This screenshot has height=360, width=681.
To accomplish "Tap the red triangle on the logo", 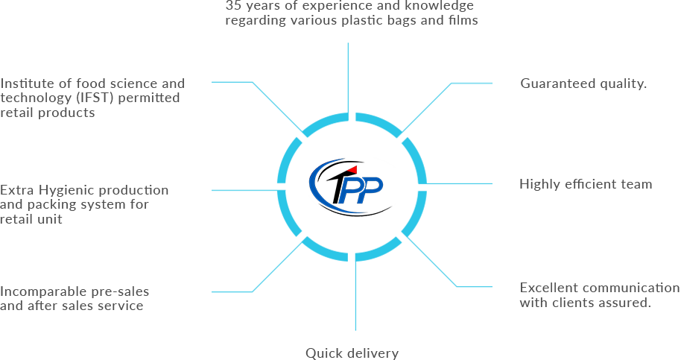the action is (x=352, y=170).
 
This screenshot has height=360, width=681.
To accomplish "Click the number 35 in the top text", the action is (x=233, y=6).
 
